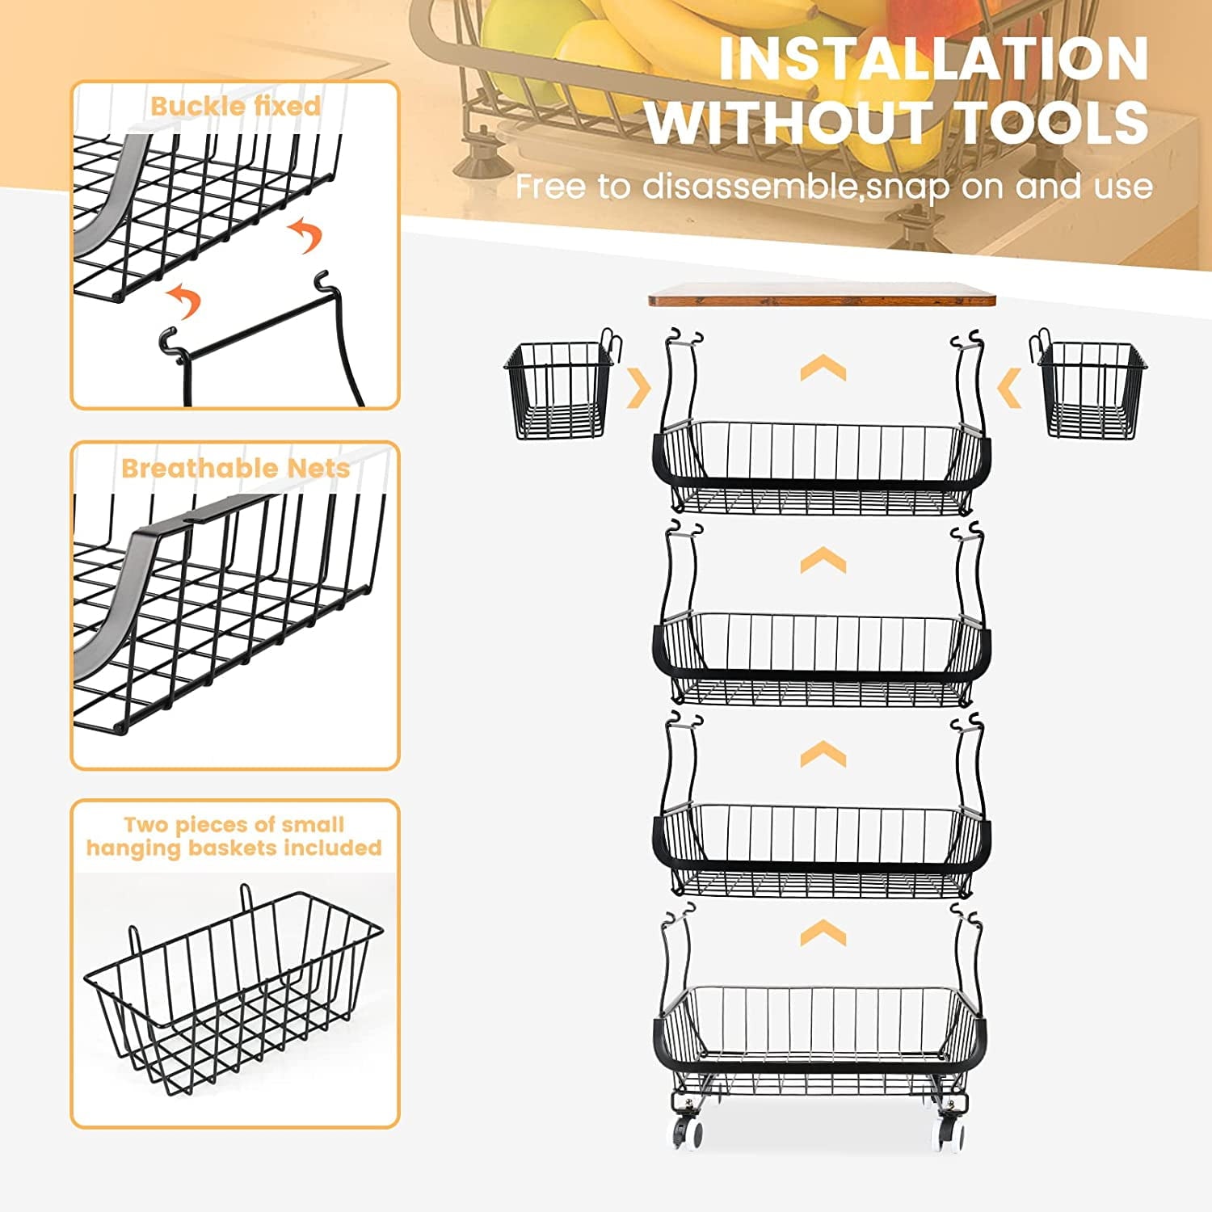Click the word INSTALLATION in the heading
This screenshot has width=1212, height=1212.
[x=933, y=58]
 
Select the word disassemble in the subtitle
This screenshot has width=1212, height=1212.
[x=747, y=187]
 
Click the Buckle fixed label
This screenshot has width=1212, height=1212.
[x=235, y=106]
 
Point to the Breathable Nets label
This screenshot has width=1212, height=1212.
[x=235, y=468]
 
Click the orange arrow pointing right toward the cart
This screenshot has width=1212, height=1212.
[x=639, y=389]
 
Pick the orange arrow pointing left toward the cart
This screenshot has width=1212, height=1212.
[x=1009, y=389]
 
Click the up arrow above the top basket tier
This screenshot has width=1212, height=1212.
[x=823, y=368]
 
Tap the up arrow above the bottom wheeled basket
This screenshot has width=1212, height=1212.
[x=823, y=933]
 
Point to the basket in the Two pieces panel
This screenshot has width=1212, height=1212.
[x=233, y=994]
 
